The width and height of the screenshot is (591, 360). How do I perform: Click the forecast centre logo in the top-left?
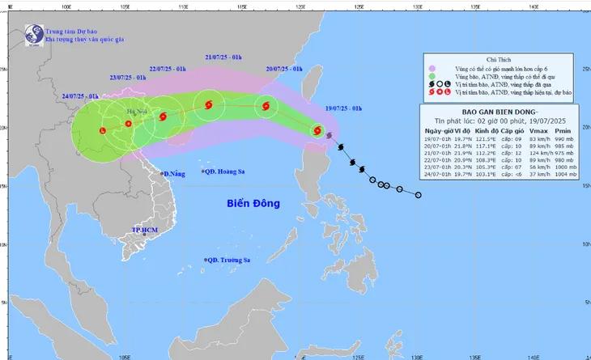(x=33, y=35)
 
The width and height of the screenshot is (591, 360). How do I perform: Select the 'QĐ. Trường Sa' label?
(x=232, y=259)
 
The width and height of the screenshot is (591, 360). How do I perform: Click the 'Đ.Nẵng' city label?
(x=173, y=174)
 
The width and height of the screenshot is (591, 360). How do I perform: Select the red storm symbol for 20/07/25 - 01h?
(x=266, y=106)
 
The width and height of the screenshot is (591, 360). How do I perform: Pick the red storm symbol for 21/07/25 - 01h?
(x=209, y=104)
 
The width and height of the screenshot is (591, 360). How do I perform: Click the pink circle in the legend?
(x=432, y=69)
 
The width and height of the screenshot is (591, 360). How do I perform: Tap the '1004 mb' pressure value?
(x=567, y=174)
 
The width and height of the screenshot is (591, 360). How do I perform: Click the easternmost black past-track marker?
(x=418, y=194)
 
